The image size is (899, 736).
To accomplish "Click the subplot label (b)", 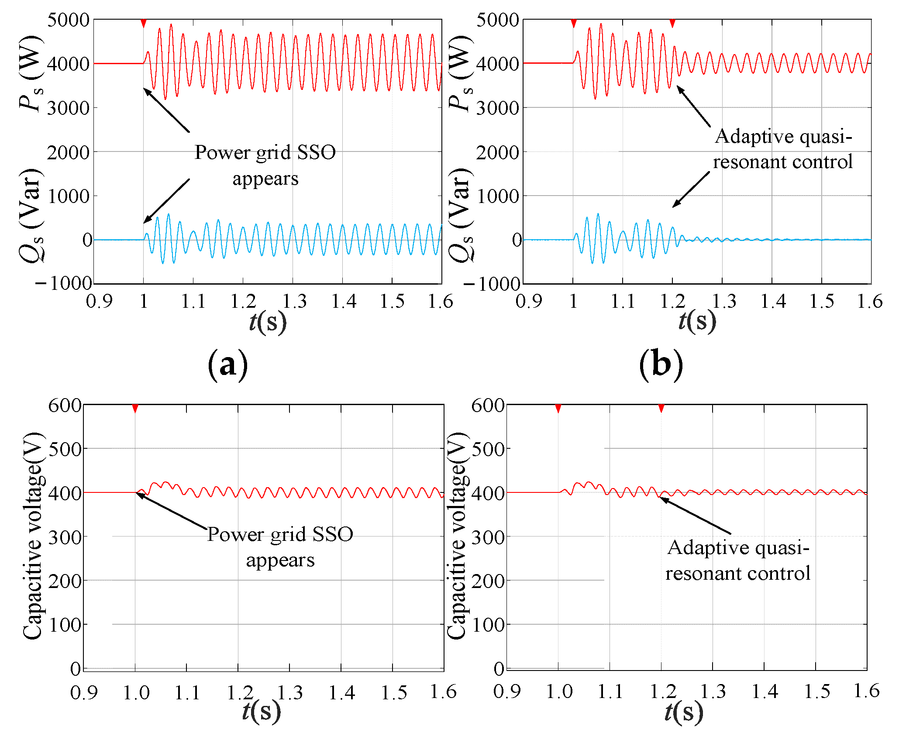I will pyautogui.click(x=661, y=364).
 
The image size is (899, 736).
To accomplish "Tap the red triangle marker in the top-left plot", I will pyautogui.click(x=143, y=23).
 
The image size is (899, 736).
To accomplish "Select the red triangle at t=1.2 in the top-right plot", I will pyautogui.click(x=672, y=23).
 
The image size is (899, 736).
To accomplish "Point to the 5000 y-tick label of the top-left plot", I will pyautogui.click(x=68, y=20).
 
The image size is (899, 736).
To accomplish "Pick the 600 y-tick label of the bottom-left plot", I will pyautogui.click(x=65, y=406).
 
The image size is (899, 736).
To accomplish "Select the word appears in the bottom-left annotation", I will pyautogui.click(x=280, y=561).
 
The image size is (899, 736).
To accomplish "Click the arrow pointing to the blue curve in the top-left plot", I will pyautogui.click(x=167, y=200).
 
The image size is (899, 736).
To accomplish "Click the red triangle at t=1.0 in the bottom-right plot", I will pyautogui.click(x=558, y=409).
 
